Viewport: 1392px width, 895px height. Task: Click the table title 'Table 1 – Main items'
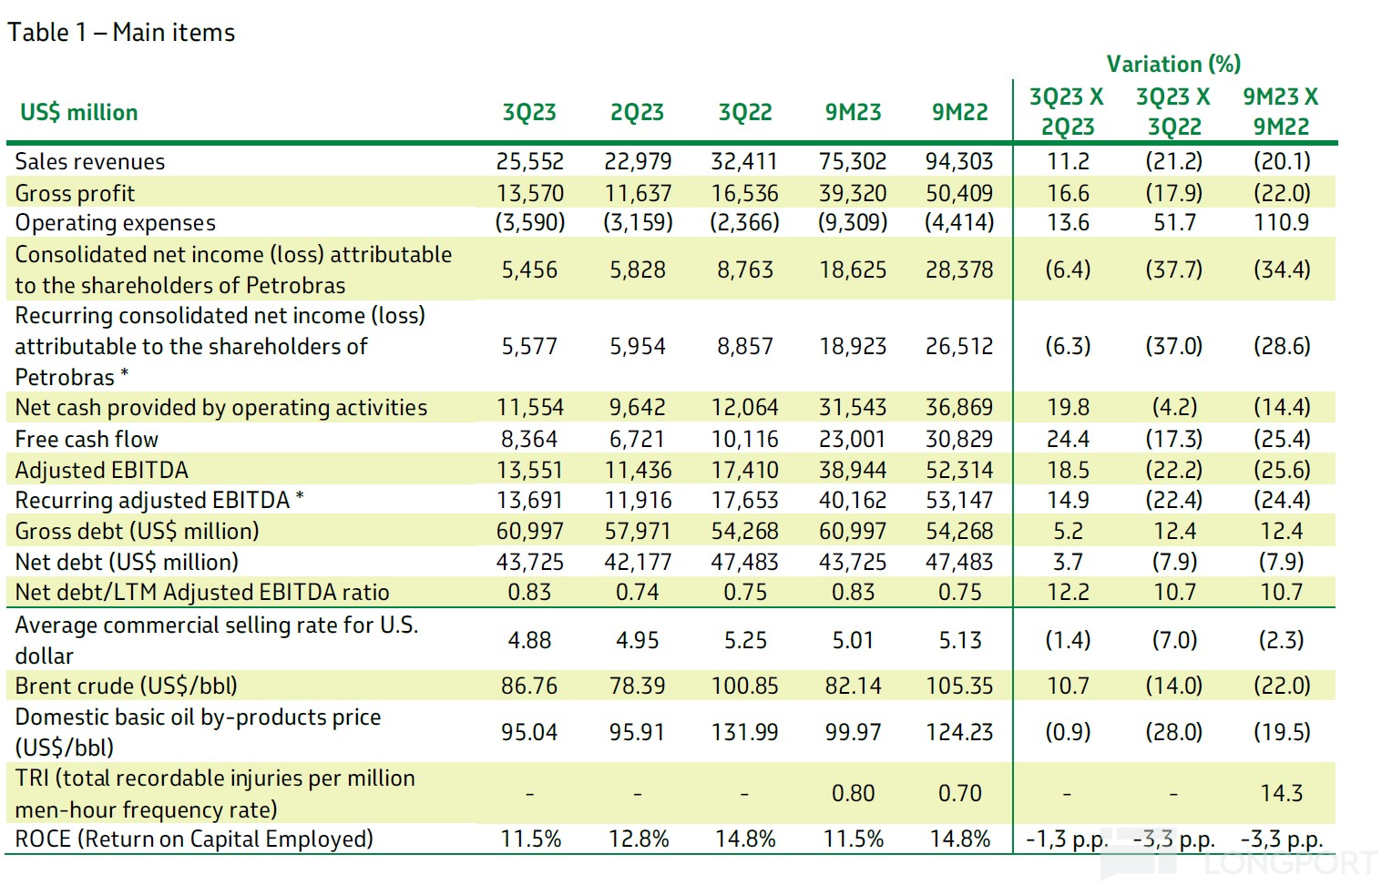pos(121,33)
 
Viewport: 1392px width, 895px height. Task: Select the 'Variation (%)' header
pos(1173,64)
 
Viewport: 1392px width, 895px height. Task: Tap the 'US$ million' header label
pos(79,112)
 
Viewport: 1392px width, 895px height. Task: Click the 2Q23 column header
pos(637,112)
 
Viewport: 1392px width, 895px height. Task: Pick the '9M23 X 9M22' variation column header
pos(1281,112)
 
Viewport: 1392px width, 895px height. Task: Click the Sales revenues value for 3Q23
pos(529,161)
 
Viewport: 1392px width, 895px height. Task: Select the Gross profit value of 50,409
pos(959,193)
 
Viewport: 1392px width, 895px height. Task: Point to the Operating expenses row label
pos(115,223)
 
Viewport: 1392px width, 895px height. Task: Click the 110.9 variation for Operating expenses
pos(1282,222)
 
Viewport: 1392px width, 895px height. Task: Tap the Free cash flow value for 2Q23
pos(637,439)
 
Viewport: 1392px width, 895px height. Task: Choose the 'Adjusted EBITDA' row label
pos(101,470)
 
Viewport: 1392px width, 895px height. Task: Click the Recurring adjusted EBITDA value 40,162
pos(853,500)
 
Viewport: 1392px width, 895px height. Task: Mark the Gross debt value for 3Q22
pos(744,531)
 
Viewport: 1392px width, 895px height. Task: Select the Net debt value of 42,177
pos(638,562)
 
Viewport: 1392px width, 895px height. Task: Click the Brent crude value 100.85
pos(744,686)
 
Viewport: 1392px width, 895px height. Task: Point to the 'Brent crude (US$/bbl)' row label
pos(126,686)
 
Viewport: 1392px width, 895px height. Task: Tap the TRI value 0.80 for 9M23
pos(854,793)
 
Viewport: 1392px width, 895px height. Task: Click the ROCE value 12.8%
pos(639,839)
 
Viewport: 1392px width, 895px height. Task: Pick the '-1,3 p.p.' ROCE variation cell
pos(1067,839)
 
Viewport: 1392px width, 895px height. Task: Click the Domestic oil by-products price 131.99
pos(744,732)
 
